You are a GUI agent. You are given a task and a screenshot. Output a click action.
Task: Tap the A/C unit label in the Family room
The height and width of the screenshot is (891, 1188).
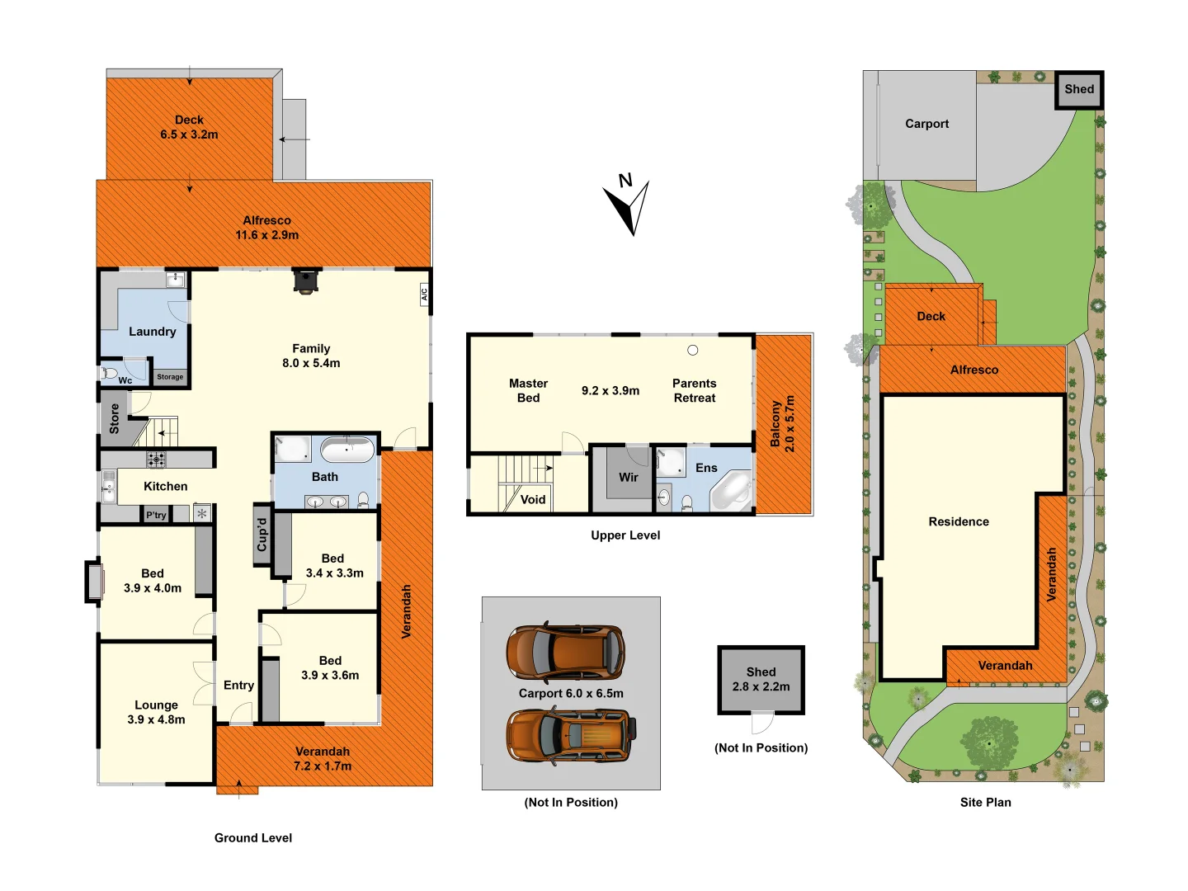click(x=424, y=293)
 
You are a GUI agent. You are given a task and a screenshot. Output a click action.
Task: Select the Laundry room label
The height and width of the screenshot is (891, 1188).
click(x=153, y=332)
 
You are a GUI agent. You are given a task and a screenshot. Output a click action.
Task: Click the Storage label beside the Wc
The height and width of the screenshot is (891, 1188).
click(x=170, y=377)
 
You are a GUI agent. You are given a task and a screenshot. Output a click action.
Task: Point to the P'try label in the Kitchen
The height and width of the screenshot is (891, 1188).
click(x=156, y=515)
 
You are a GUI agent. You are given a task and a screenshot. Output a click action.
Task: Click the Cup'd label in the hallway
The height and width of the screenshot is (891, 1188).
click(x=262, y=535)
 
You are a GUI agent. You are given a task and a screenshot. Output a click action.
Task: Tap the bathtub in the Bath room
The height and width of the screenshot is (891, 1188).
click(x=346, y=450)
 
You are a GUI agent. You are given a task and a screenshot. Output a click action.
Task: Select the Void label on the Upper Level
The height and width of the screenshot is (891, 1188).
click(x=533, y=499)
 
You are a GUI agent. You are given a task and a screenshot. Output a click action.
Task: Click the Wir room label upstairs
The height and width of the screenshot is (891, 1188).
click(x=629, y=477)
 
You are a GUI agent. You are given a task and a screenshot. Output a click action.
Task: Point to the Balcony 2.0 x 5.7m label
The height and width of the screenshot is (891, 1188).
click(x=783, y=423)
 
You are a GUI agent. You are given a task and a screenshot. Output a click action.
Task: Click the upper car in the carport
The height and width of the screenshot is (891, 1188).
click(x=565, y=653)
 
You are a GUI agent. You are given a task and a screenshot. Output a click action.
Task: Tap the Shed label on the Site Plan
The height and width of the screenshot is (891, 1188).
click(x=1079, y=89)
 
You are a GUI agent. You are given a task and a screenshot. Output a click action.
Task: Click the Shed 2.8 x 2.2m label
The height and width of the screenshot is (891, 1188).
click(x=761, y=679)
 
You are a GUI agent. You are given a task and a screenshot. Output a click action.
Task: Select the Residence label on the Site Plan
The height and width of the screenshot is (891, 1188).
click(x=959, y=521)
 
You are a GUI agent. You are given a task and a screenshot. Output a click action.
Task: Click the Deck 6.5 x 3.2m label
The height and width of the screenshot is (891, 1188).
click(x=189, y=127)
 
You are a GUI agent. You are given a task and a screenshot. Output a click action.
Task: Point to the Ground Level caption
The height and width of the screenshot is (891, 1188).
click(x=253, y=837)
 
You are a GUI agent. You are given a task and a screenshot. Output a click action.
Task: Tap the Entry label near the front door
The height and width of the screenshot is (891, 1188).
click(x=238, y=685)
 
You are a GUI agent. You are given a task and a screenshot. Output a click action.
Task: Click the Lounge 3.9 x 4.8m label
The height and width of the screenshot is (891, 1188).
click(x=156, y=712)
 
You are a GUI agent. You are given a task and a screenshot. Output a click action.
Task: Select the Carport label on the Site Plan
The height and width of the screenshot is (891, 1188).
click(x=926, y=124)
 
